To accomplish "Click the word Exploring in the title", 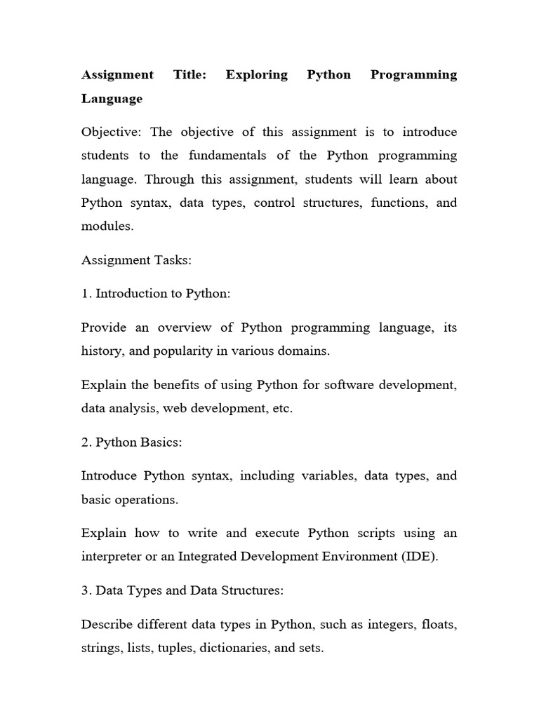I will pos(256,75).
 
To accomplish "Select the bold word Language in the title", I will pos(112,99).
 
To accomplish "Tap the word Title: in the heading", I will pos(189,75).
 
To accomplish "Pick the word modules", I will pos(106,227).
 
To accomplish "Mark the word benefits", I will pos(163,385).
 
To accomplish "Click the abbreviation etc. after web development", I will pos(281,409).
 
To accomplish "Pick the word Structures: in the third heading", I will pos(254,590).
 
